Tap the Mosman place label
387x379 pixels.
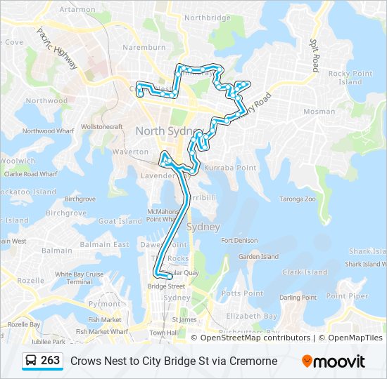(x=319, y=112)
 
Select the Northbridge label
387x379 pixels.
(x=208, y=18)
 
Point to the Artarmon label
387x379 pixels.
(x=77, y=10)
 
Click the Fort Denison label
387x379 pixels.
(x=239, y=241)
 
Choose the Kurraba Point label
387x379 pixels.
(x=230, y=168)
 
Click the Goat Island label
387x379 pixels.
(x=120, y=221)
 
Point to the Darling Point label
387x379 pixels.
(x=298, y=298)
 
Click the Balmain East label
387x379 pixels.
(x=105, y=244)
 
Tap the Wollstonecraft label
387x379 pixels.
(x=102, y=126)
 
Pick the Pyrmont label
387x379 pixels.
(x=104, y=304)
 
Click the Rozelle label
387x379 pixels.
(x=30, y=280)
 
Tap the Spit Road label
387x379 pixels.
(x=315, y=55)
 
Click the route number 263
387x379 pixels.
(x=50, y=361)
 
